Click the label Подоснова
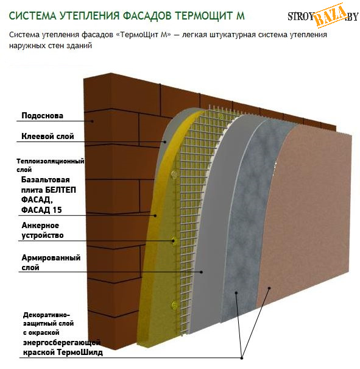(42, 115)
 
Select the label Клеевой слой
(48, 136)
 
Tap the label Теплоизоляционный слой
(51, 165)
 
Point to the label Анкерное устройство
(43, 230)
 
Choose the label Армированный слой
(51, 262)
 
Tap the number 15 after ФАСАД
(57, 210)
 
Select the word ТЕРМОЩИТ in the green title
(203, 16)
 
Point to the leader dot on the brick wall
(93, 121)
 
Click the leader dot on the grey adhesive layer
(165, 142)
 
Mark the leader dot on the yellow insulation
(155, 215)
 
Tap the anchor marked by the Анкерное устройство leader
(173, 241)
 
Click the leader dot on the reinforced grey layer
(202, 272)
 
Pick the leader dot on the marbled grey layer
(236, 293)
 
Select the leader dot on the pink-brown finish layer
(269, 288)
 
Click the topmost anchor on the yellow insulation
(174, 174)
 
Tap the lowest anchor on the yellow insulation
(174, 305)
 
